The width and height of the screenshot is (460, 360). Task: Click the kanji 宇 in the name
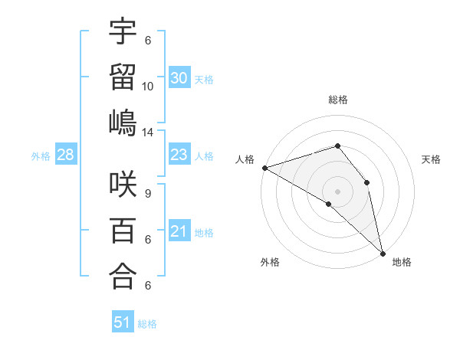tap(123, 33)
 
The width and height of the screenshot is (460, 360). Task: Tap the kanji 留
tap(123, 77)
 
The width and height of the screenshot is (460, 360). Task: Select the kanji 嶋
tap(123, 123)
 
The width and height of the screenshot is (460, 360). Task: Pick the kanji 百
tap(123, 231)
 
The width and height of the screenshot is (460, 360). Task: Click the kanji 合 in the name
tap(123, 277)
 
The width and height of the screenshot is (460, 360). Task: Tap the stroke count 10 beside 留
tap(148, 87)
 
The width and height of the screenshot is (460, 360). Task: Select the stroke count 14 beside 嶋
tap(148, 133)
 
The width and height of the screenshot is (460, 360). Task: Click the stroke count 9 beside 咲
tap(148, 194)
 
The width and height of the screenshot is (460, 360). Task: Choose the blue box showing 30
tap(179, 77)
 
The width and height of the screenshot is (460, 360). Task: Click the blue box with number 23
tap(179, 155)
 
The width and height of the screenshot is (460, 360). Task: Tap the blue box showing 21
tap(179, 231)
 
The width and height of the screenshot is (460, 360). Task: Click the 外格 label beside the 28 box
tap(41, 156)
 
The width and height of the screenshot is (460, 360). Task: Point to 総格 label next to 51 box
tap(147, 324)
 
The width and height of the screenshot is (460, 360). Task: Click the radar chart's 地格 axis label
tap(402, 263)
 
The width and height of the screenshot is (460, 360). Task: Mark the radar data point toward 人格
tap(264, 167)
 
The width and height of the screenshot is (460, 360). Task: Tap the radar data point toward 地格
tap(382, 253)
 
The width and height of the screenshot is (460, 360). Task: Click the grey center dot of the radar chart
tap(337, 191)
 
